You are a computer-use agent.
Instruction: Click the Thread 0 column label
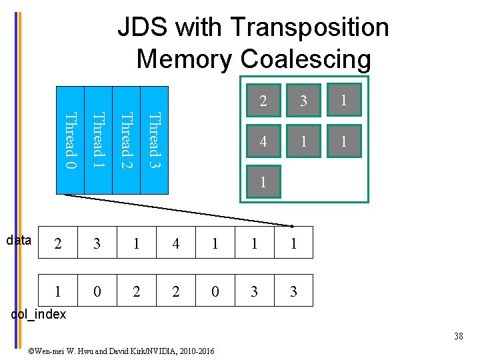click(x=70, y=140)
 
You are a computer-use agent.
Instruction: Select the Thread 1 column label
click(x=98, y=140)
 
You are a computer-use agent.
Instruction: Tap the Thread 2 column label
click(x=126, y=140)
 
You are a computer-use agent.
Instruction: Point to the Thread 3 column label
click(x=154, y=140)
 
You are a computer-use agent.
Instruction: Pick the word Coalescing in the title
click(x=306, y=59)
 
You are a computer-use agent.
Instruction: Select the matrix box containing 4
click(x=264, y=141)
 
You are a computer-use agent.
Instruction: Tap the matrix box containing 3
click(x=303, y=101)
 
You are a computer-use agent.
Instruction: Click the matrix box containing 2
click(x=264, y=101)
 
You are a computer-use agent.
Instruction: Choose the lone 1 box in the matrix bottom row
click(x=264, y=182)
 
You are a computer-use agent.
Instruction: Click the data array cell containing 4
click(x=175, y=243)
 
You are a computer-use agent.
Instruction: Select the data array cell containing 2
click(x=58, y=243)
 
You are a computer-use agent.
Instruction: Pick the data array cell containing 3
click(x=97, y=243)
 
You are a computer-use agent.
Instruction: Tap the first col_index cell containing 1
click(x=58, y=291)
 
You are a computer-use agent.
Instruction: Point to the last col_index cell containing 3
click(x=293, y=291)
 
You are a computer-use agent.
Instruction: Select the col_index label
click(x=39, y=315)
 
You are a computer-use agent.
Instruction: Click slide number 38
click(x=458, y=336)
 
